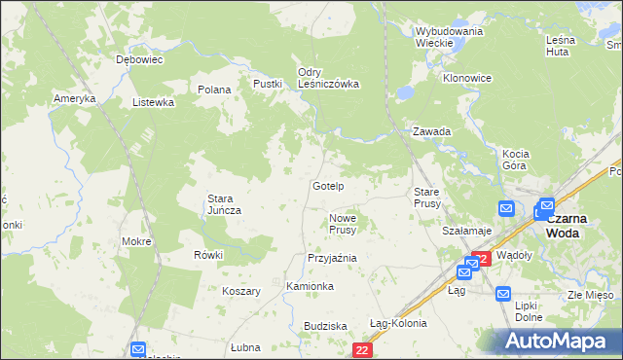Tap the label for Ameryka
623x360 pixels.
(75, 99)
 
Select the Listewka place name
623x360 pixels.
(153, 101)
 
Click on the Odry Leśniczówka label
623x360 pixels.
(328, 78)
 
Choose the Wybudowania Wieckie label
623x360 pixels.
(449, 37)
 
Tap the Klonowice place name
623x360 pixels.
(467, 78)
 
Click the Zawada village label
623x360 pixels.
(431, 131)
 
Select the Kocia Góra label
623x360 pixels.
(514, 160)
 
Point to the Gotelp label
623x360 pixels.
(328, 185)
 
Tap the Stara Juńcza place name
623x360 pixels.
(224, 204)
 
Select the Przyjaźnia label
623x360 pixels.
(332, 258)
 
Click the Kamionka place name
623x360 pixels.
(311, 286)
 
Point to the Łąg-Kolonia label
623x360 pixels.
(398, 323)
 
